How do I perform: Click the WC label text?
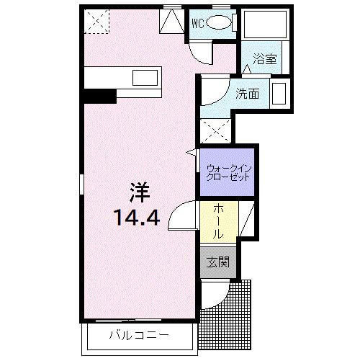tap(197, 22)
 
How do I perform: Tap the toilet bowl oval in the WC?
tap(219, 22)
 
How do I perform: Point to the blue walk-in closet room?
tap(227, 173)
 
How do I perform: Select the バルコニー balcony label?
tap(140, 336)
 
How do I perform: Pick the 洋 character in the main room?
tap(139, 193)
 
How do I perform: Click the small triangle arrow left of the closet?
tap(192, 153)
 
